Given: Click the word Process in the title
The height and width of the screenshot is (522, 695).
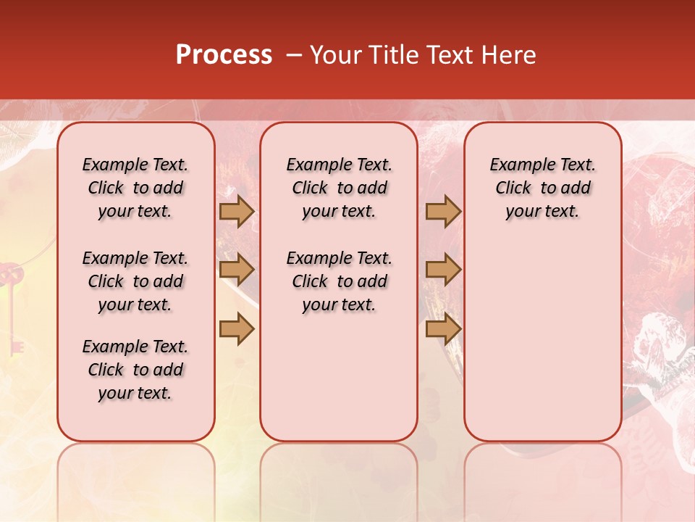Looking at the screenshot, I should [x=224, y=55].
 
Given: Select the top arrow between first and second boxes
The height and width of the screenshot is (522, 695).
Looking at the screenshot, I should [x=237, y=212].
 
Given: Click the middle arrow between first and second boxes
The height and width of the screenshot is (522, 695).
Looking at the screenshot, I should [x=237, y=270].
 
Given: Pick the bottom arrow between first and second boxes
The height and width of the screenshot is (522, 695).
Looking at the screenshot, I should [x=237, y=329].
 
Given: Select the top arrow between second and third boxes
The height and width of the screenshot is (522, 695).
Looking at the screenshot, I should [x=443, y=212].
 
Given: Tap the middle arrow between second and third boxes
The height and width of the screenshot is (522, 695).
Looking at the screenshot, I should [x=443, y=270].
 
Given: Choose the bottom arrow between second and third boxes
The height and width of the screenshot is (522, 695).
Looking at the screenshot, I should [x=443, y=329].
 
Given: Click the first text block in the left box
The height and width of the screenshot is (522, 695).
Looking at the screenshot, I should [x=135, y=188].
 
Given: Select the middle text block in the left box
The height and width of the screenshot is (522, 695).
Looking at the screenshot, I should [x=135, y=281].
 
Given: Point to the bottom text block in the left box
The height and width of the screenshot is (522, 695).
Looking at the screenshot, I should [x=135, y=370].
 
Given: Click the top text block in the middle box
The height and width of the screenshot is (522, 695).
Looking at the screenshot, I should [x=339, y=188].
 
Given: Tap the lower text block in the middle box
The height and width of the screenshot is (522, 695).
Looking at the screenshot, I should [x=339, y=281].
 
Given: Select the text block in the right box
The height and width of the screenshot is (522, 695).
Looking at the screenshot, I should [x=542, y=188].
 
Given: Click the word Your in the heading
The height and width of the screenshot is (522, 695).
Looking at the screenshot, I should [x=337, y=55].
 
